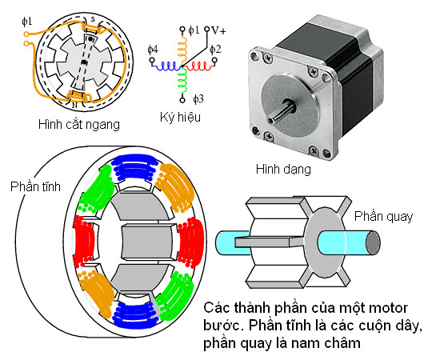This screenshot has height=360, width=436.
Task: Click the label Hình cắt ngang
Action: (79, 125)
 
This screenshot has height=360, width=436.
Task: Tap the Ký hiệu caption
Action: (180, 117)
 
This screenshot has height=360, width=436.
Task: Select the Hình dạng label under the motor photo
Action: (283, 169)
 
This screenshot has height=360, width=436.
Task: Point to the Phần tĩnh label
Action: (35, 186)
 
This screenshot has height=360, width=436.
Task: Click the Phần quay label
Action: (383, 217)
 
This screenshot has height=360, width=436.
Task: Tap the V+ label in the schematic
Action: (219, 30)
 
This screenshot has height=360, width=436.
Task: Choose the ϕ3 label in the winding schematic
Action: (198, 98)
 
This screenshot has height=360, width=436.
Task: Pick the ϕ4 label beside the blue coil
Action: (153, 50)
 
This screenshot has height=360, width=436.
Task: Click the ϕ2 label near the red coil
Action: (215, 49)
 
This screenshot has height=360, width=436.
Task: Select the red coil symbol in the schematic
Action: (198, 66)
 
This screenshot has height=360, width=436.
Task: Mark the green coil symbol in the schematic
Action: (182, 81)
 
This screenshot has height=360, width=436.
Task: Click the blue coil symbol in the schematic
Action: (166, 66)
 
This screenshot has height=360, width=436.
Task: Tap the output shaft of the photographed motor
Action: (282, 112)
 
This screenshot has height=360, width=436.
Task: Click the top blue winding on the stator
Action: (134, 167)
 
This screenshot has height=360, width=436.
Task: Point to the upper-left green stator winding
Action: (97, 189)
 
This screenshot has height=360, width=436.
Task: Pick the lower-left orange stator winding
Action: (97, 294)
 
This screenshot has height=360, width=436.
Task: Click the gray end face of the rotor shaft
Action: (373, 242)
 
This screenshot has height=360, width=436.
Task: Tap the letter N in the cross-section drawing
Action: (74, 106)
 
